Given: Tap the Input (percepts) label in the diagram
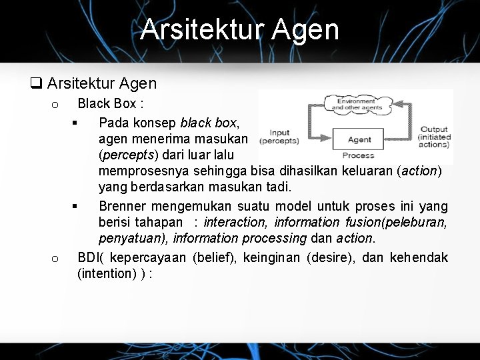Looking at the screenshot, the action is pyautogui.click(x=279, y=137).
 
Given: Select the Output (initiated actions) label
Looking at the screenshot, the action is pyautogui.click(x=434, y=137).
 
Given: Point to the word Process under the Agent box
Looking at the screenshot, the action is pyautogui.click(x=358, y=155).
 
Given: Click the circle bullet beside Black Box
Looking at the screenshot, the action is pyautogui.click(x=55, y=105).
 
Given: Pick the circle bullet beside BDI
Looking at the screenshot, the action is pyautogui.click(x=55, y=259).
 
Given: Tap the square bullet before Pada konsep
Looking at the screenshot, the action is pyautogui.click(x=75, y=123).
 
